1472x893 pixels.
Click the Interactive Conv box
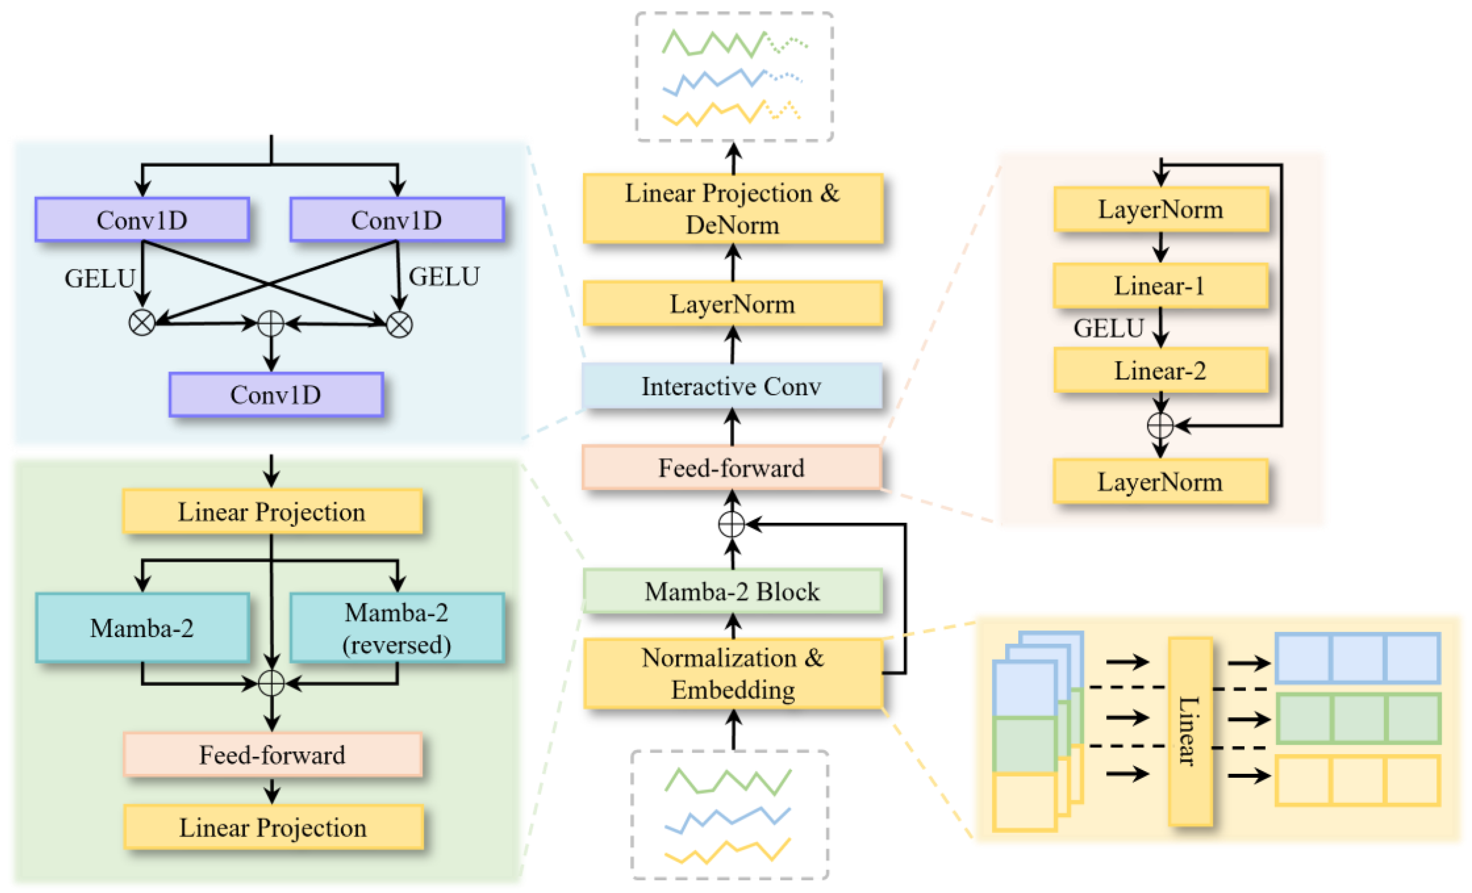tap(732, 386)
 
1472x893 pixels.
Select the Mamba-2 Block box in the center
tap(732, 591)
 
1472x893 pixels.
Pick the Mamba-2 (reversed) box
tap(397, 628)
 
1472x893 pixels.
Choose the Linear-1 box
tap(1160, 286)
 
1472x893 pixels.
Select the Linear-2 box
tap(1160, 371)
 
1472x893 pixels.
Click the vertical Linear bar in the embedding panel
tap(1190, 732)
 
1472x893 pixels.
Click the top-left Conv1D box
tap(142, 220)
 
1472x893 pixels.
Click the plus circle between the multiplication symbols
tap(271, 323)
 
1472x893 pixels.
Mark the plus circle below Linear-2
tap(1160, 425)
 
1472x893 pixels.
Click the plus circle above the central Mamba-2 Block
tap(731, 524)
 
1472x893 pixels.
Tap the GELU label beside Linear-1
tap(1108, 328)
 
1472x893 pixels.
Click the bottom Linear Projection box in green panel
tap(273, 828)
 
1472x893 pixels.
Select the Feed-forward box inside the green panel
tap(272, 755)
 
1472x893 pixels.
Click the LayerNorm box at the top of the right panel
tap(1160, 209)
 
